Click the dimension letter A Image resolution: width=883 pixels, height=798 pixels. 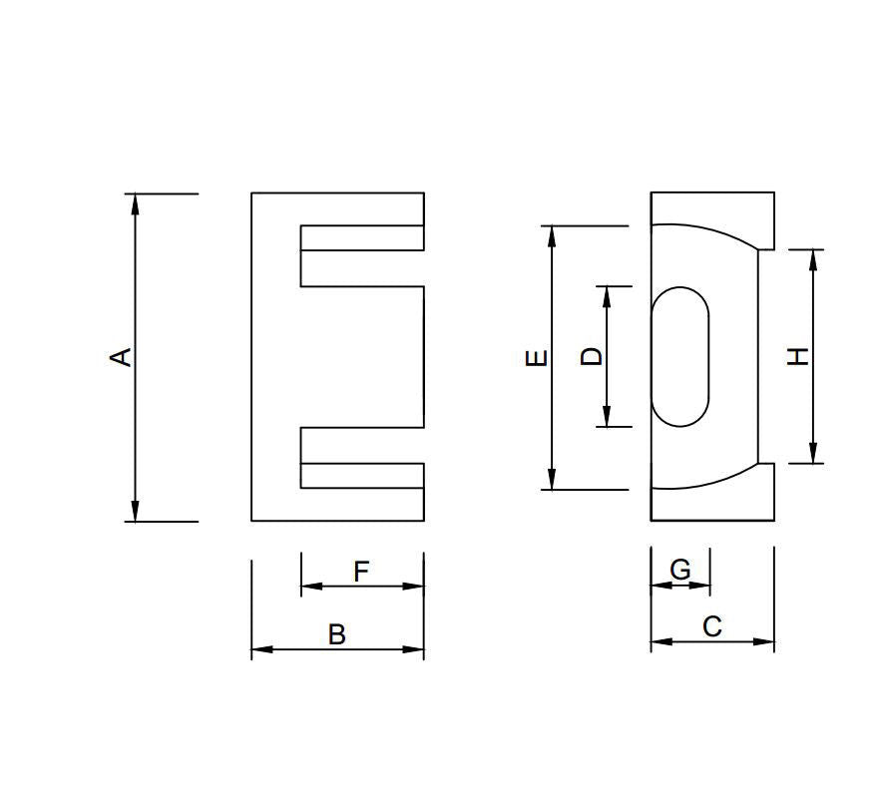pos(121,356)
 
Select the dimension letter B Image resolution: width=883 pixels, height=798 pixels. pos(337,634)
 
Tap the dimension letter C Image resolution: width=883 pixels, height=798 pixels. pos(711,626)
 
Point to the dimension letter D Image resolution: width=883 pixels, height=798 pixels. pos(593,356)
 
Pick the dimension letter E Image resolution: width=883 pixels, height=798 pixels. pos(537,357)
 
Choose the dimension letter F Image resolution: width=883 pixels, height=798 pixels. pos(361,572)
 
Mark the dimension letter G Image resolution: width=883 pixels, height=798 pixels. pos(680,570)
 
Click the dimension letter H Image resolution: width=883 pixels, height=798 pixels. pos(798,356)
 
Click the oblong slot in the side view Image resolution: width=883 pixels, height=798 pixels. pos(679,356)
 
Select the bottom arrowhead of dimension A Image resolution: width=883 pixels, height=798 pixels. pos(136,511)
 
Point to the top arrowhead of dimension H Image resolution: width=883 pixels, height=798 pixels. pos(814,259)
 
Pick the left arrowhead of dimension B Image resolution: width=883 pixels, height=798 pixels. pos(261,649)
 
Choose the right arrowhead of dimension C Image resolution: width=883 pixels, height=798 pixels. pos(764,641)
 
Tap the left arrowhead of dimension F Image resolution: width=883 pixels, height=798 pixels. pos(311,586)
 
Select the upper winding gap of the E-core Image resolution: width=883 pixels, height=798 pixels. pos(362,268)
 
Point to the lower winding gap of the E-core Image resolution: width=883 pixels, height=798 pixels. pos(362,445)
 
